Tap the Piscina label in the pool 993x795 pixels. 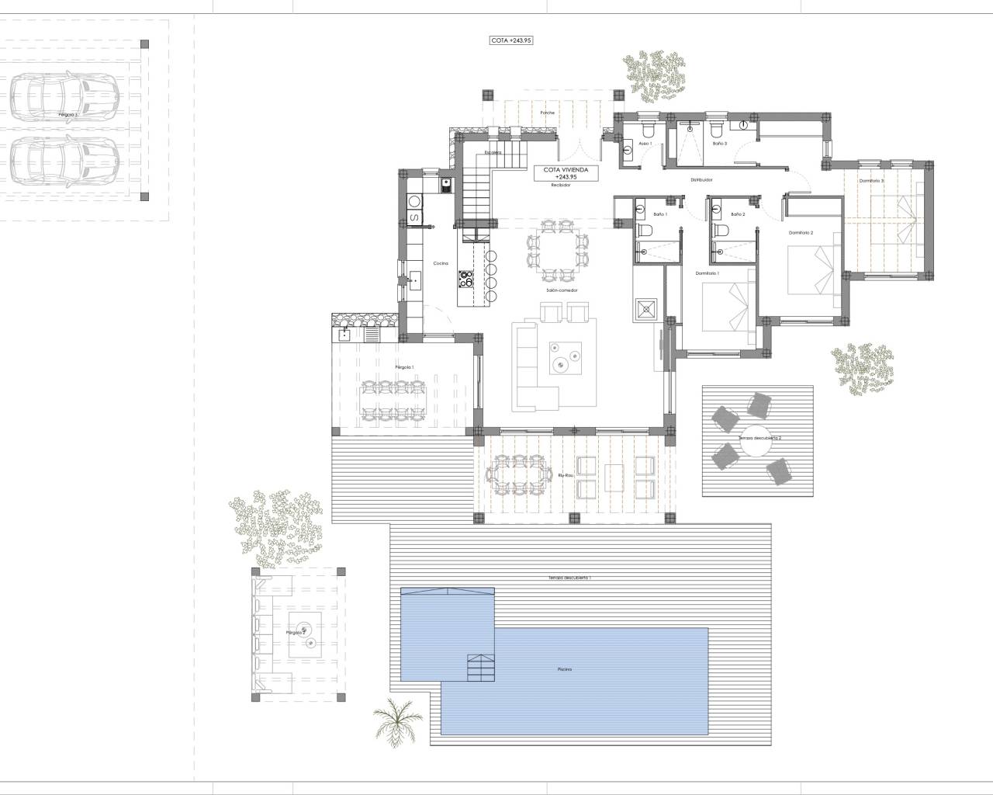coord(564,668)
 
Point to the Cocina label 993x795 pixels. coord(441,264)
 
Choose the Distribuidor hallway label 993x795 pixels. coord(701,179)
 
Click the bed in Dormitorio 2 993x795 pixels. coord(812,269)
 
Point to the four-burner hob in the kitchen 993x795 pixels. coord(467,278)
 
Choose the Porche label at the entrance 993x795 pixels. coord(548,113)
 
